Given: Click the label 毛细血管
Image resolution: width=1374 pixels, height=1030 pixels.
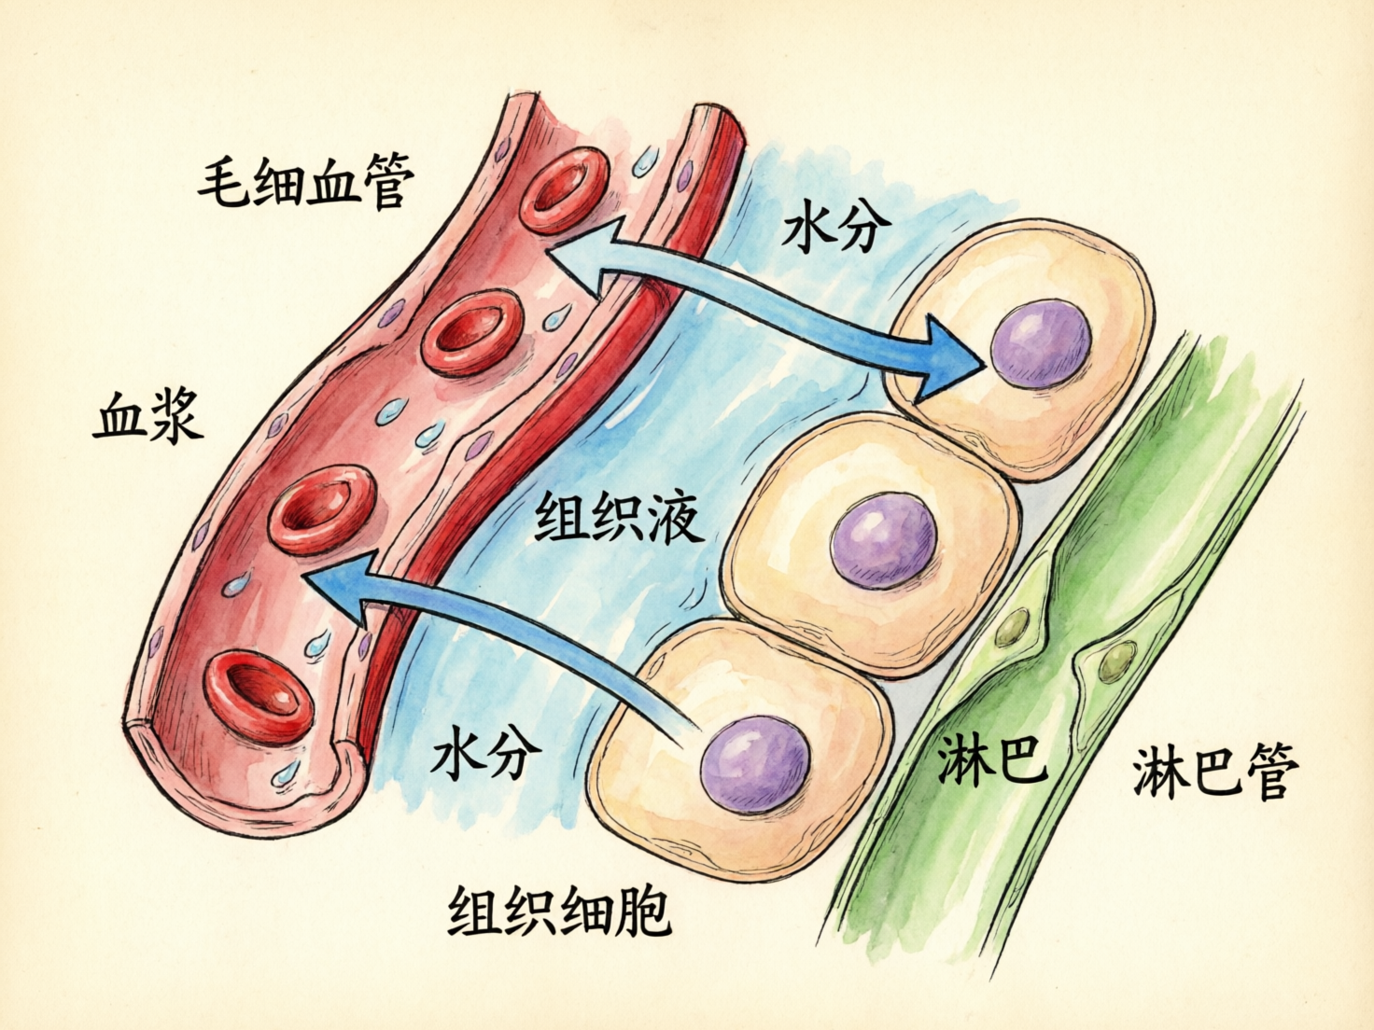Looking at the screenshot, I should (305, 182).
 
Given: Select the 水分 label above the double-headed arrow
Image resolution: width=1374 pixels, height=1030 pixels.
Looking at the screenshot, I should (837, 227).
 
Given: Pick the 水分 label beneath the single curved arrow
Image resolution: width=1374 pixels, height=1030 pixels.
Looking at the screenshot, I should (486, 752).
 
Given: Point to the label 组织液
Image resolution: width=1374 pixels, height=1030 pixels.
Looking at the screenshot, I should (619, 519).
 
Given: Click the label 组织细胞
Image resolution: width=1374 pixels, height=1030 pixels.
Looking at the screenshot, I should (560, 911).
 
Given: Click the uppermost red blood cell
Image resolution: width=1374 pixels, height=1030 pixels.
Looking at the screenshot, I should (564, 189).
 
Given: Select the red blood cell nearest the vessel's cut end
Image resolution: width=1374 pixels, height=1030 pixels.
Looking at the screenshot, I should (258, 695).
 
